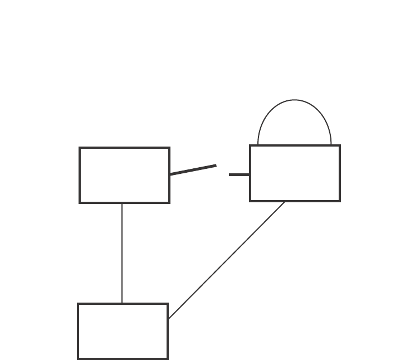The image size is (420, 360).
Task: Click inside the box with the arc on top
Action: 295,173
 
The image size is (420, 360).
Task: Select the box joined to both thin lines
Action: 123,331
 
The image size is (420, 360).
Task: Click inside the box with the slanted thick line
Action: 124,175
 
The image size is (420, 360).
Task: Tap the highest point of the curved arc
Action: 295,100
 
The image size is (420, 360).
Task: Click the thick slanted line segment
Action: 193,170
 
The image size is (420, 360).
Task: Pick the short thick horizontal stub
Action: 240,174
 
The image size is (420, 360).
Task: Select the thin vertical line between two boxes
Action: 122,253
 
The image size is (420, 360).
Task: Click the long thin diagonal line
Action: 226,260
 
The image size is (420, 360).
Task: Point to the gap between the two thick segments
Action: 223,170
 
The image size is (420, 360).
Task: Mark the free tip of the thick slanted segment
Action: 216,166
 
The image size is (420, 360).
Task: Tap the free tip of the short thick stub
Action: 229,174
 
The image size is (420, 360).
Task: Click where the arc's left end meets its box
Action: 258,145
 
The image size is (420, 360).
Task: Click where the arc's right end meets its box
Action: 331,145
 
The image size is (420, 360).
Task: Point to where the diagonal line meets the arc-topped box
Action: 285,202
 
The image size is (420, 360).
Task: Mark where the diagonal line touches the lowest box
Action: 168,319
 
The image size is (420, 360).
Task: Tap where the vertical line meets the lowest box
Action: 122,303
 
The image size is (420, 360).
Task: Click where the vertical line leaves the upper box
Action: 122,203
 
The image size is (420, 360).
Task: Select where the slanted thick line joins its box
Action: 170,174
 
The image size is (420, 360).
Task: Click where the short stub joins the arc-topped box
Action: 250,174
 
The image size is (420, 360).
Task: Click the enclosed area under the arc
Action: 295,125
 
